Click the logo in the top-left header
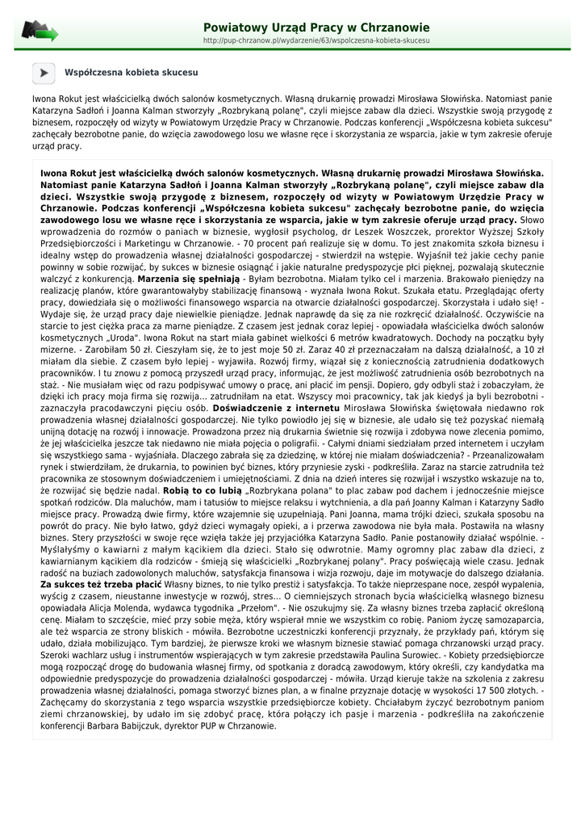40,31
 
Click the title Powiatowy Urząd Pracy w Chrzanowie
316,27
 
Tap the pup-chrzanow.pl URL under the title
316,40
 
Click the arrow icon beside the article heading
44,72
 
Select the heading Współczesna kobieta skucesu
131,72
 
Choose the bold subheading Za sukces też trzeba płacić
100,584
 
